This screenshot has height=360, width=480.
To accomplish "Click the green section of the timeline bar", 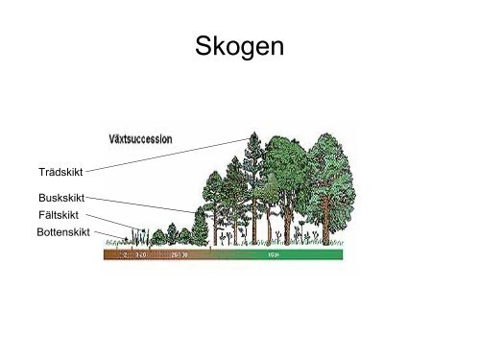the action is tap(288, 256).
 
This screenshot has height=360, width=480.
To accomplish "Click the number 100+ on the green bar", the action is tap(275, 256).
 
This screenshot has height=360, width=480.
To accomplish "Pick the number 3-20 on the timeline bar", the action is tap(141, 256).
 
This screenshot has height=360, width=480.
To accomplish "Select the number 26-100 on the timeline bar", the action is tap(179, 256).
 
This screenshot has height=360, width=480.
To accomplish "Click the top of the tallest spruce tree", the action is tap(252, 134).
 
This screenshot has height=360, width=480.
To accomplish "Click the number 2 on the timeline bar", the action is tap(125, 256).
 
